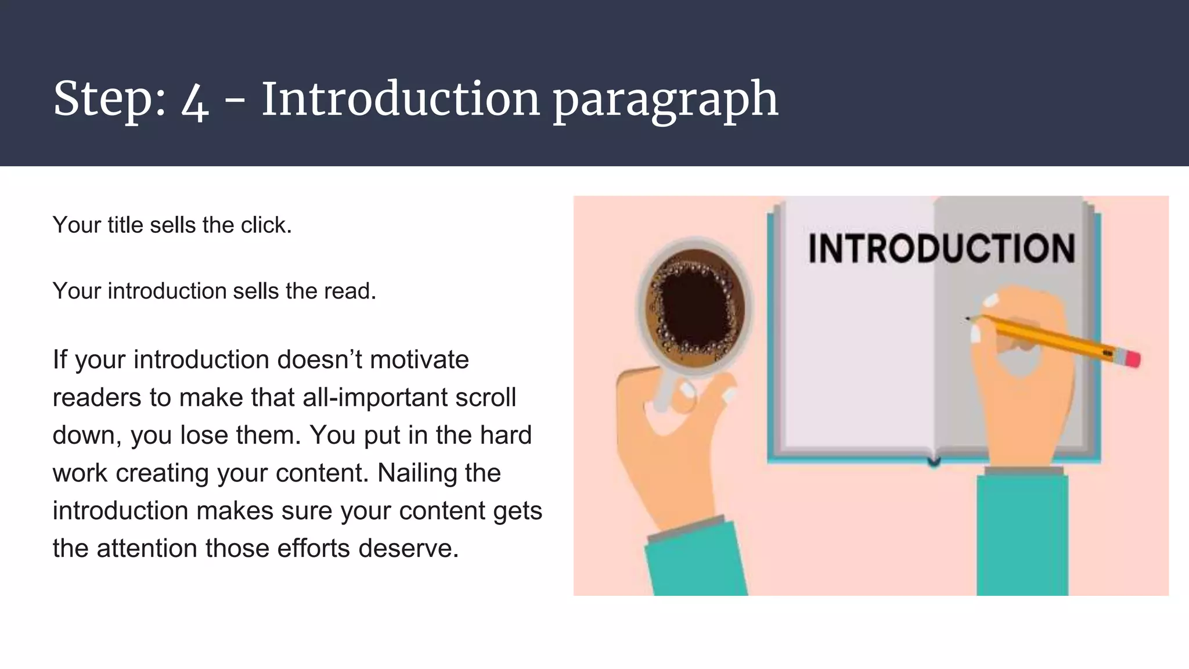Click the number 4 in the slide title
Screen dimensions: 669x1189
click(194, 100)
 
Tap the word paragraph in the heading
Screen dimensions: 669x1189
click(665, 100)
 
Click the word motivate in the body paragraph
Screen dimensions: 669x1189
click(419, 359)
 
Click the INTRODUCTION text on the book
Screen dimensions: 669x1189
click(941, 249)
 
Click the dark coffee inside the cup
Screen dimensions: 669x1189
click(695, 308)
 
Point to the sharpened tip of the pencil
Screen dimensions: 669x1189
click(968, 318)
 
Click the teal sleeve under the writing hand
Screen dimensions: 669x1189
click(1022, 534)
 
